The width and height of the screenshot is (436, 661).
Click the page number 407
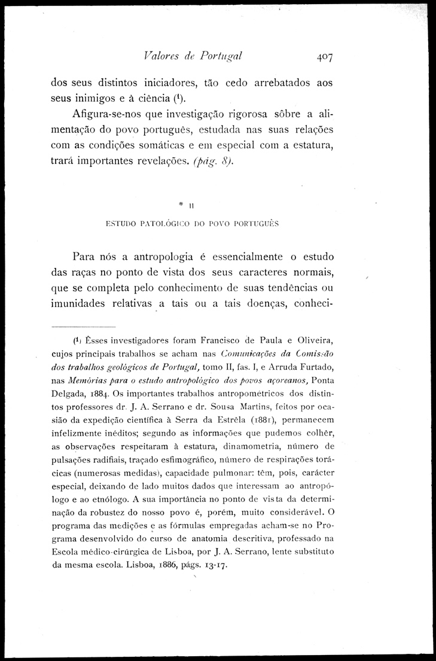(321, 57)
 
